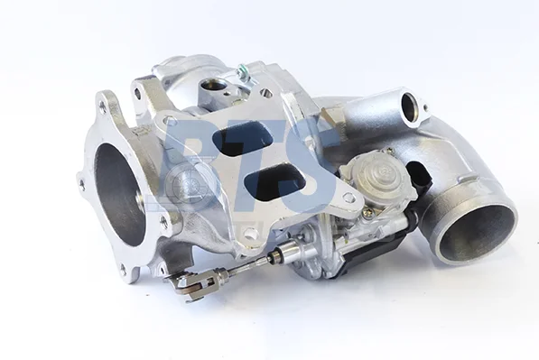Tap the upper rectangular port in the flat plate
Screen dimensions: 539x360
coord(243,140)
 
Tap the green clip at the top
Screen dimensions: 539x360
coord(242,71)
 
